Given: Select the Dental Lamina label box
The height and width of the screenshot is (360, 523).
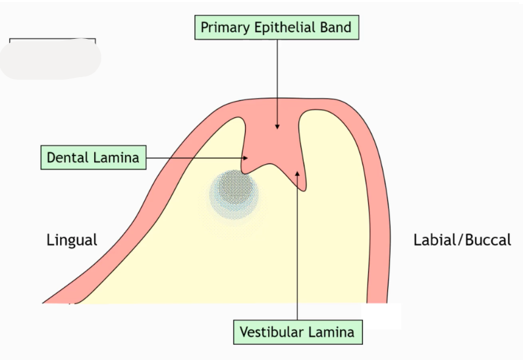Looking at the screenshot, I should (93, 158).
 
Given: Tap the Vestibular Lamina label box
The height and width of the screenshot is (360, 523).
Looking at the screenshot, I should (297, 332).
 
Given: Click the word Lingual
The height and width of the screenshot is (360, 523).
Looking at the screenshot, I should (72, 240).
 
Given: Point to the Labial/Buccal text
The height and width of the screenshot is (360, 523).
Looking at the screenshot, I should (462, 240).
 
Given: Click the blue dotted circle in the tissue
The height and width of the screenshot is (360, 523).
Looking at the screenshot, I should (234, 193).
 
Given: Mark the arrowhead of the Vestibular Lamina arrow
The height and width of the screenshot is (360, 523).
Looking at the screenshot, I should (298, 173).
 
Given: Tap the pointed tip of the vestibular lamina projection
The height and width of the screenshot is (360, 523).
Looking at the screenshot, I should (304, 190).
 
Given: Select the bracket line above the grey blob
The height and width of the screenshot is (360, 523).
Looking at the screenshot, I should (52, 40).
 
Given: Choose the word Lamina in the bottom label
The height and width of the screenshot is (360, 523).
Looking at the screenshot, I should (333, 332).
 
